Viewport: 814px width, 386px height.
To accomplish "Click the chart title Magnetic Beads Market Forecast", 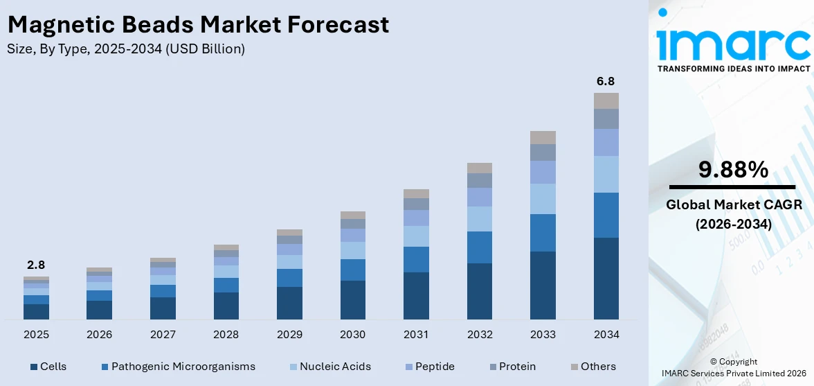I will (x=198, y=25).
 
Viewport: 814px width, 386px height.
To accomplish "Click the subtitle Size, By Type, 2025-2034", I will (x=126, y=49).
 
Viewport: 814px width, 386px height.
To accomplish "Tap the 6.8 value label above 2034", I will (x=606, y=81).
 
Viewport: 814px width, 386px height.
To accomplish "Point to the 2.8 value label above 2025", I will (x=36, y=265).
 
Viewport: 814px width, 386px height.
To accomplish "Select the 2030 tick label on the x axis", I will (x=352, y=335).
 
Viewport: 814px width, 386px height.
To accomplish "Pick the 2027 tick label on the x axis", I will (x=163, y=335).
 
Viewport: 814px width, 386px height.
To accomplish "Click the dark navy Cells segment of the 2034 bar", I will (x=606, y=279).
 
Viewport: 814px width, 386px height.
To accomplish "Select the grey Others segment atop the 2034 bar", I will (x=606, y=100).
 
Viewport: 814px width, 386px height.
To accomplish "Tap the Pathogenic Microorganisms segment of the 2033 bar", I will (x=543, y=233).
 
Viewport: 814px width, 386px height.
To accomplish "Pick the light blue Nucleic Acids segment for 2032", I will (x=479, y=219).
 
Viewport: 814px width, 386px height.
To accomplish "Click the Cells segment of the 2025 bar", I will (x=36, y=312).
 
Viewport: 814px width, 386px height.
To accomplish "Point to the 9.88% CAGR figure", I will (x=733, y=169).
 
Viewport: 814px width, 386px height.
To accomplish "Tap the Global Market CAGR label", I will (x=733, y=205).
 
